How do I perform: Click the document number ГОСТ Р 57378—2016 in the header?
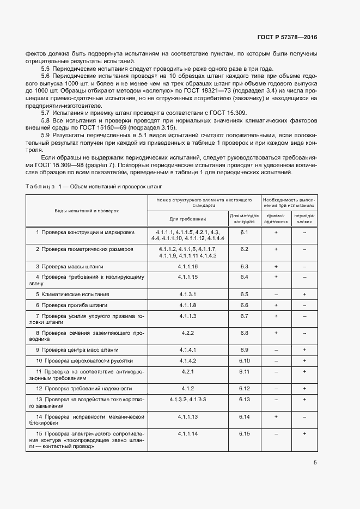287,37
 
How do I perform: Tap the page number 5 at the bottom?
315,463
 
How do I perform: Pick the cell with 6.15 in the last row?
244,433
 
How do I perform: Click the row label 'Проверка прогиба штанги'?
71,305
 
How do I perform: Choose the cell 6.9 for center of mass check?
244,349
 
